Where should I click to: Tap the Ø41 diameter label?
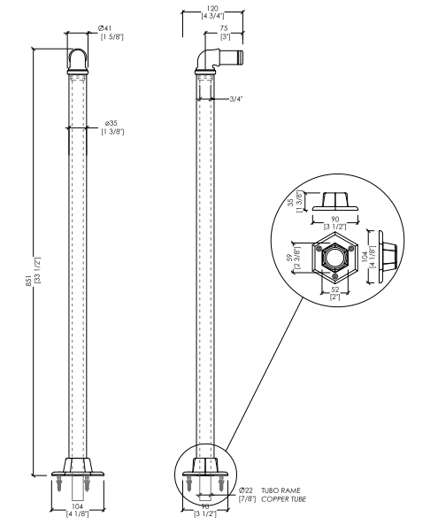pyautogui.click(x=104, y=29)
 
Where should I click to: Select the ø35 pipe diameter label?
pyautogui.click(x=111, y=124)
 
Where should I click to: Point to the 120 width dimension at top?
pyautogui.click(x=212, y=9)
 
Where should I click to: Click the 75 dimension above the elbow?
pyautogui.click(x=224, y=29)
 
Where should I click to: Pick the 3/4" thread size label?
pyautogui.click(x=235, y=99)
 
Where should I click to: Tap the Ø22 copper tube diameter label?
pyautogui.click(x=246, y=490)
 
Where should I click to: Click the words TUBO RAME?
pyautogui.click(x=280, y=490)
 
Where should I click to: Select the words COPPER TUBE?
pyautogui.click(x=283, y=499)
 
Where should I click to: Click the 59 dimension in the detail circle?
pyautogui.click(x=289, y=258)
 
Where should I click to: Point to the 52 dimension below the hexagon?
pyautogui.click(x=335, y=290)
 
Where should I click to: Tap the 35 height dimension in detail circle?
pyautogui.click(x=291, y=202)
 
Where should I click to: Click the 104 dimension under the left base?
pyautogui.click(x=77, y=506)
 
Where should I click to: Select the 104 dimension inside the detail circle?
pyautogui.click(x=365, y=257)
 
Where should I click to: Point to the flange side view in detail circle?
pyautogui.click(x=388, y=257)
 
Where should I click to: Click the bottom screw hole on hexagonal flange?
pyautogui.click(x=335, y=276)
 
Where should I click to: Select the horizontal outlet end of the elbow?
pyautogui.click(x=240, y=57)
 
